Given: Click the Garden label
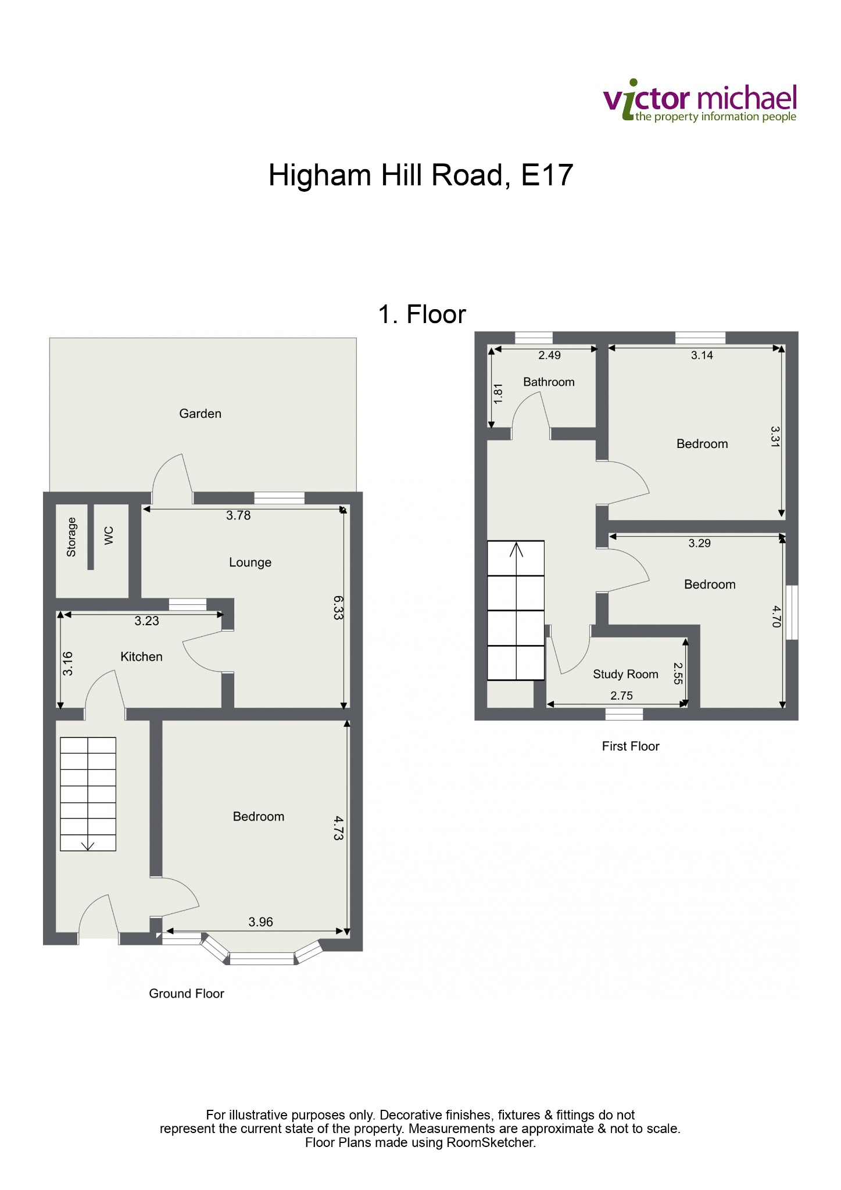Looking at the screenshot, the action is pyautogui.click(x=200, y=414).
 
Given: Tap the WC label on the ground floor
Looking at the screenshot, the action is pyautogui.click(x=109, y=536).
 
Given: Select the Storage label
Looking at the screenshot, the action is pyautogui.click(x=71, y=537).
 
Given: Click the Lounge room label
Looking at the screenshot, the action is pyautogui.click(x=250, y=562).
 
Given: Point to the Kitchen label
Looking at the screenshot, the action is pyautogui.click(x=141, y=657).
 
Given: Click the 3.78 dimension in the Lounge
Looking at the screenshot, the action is pyautogui.click(x=238, y=515).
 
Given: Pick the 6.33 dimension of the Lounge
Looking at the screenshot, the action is pyautogui.click(x=338, y=608).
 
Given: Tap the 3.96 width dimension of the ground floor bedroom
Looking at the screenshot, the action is pyautogui.click(x=260, y=922).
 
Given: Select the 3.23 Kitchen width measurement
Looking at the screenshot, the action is pyautogui.click(x=146, y=621).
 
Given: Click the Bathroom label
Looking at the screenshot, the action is pyautogui.click(x=549, y=382).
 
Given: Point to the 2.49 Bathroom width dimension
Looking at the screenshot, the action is pyautogui.click(x=549, y=356).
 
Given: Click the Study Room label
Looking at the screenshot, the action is pyautogui.click(x=625, y=674).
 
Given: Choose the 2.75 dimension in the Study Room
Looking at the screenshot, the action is pyautogui.click(x=621, y=696).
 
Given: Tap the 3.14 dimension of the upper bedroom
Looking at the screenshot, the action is pyautogui.click(x=702, y=356).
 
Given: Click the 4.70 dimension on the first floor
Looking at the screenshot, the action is pyautogui.click(x=776, y=616).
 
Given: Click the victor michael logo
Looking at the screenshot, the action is pyautogui.click(x=700, y=102).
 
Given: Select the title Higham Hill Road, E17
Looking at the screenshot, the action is pyautogui.click(x=421, y=175).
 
